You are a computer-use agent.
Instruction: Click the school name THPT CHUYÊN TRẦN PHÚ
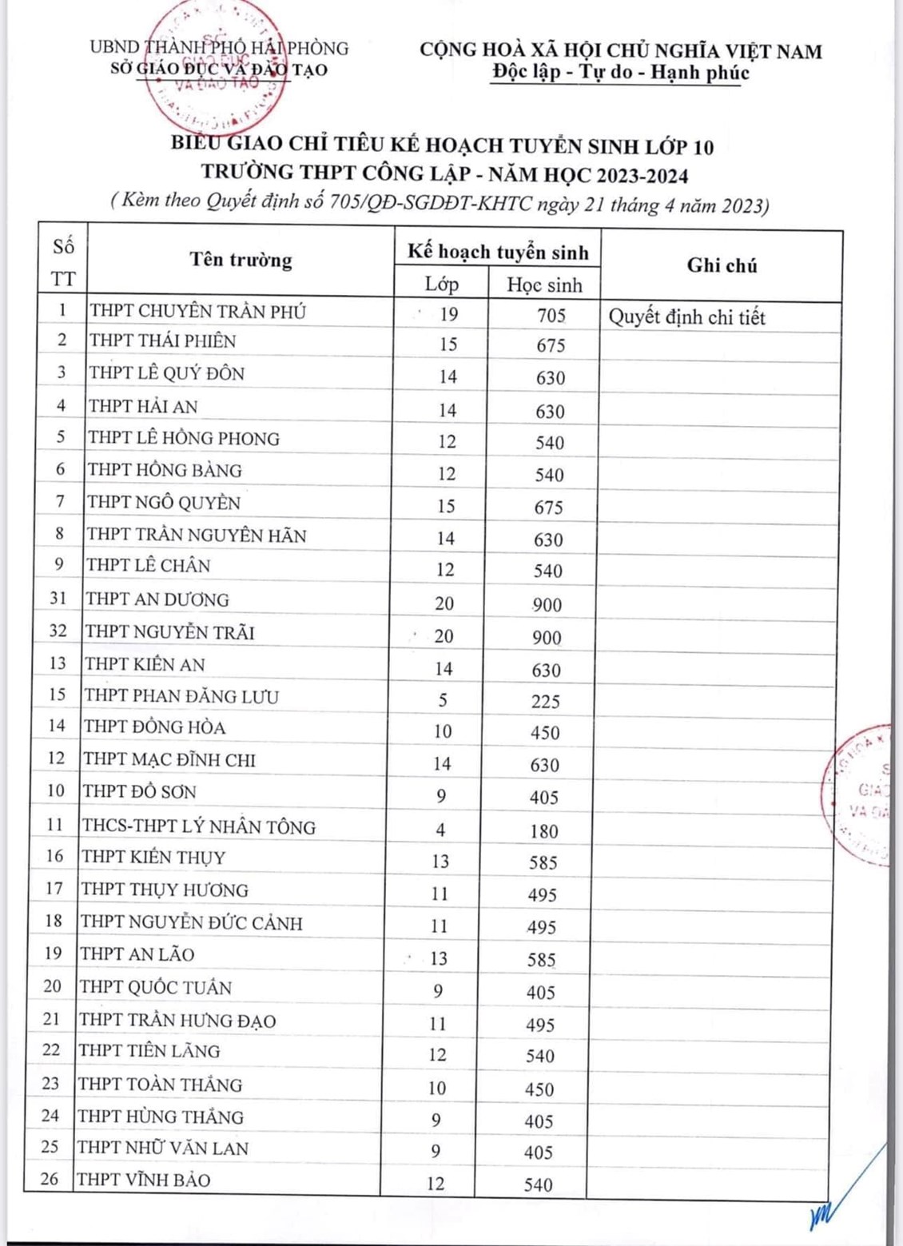coord(197,311)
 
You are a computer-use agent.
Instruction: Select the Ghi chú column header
coord(721,265)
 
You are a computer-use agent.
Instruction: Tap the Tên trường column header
coord(241,260)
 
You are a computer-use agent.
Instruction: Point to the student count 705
coord(551,315)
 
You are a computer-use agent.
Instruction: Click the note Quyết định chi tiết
coord(686,317)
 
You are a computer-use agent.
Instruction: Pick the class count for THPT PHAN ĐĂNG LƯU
coord(443,701)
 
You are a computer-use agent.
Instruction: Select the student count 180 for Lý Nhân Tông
coord(543,831)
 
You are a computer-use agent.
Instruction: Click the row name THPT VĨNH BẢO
coord(144,1179)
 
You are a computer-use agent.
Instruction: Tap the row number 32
coord(58,631)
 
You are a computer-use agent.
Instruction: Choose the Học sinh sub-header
coord(544,285)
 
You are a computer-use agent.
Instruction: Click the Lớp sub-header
coord(441,285)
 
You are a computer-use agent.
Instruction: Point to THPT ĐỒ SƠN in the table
coord(140,791)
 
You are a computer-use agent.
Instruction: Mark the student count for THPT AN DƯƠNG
coord(547,605)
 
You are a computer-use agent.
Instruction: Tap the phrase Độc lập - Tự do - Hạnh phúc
coord(620,73)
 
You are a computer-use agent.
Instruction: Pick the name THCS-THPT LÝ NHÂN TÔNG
coord(199,826)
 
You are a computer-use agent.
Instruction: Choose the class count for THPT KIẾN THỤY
coord(440,862)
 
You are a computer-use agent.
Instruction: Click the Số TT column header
coord(63,262)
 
